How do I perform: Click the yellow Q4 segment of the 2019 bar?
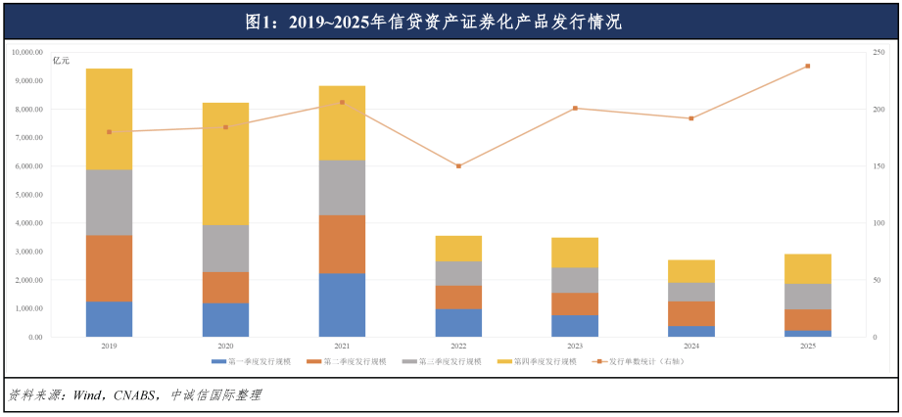[x=109, y=118]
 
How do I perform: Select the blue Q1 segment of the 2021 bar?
[x=342, y=304]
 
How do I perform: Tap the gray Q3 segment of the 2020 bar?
[x=225, y=248]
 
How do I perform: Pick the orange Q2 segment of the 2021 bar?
[x=342, y=244]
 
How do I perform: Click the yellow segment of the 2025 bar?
[x=808, y=268]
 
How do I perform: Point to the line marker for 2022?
[x=458, y=166]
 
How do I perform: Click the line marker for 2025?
[x=808, y=67]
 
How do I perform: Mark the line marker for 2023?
[x=575, y=109]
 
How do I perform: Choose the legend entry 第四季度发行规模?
[x=539, y=361]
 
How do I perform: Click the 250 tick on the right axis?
[x=879, y=52]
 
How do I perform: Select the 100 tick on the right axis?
[x=879, y=223]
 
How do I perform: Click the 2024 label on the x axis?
[x=691, y=346]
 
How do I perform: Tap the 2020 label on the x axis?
[x=225, y=346]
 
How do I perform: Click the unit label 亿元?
[x=61, y=61]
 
